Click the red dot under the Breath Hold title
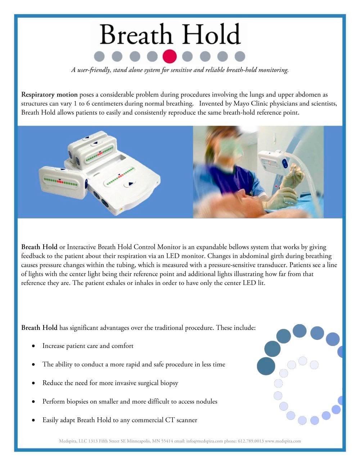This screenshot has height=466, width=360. [x=170, y=56]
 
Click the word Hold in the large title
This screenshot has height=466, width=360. [x=211, y=34]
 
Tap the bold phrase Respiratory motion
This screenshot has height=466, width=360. [x=49, y=95]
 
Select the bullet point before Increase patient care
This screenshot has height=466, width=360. [x=33, y=346]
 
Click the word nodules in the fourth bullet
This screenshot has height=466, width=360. [x=207, y=402]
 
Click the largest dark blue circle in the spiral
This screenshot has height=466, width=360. [x=266, y=366]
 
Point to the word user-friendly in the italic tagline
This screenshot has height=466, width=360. [x=94, y=70]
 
